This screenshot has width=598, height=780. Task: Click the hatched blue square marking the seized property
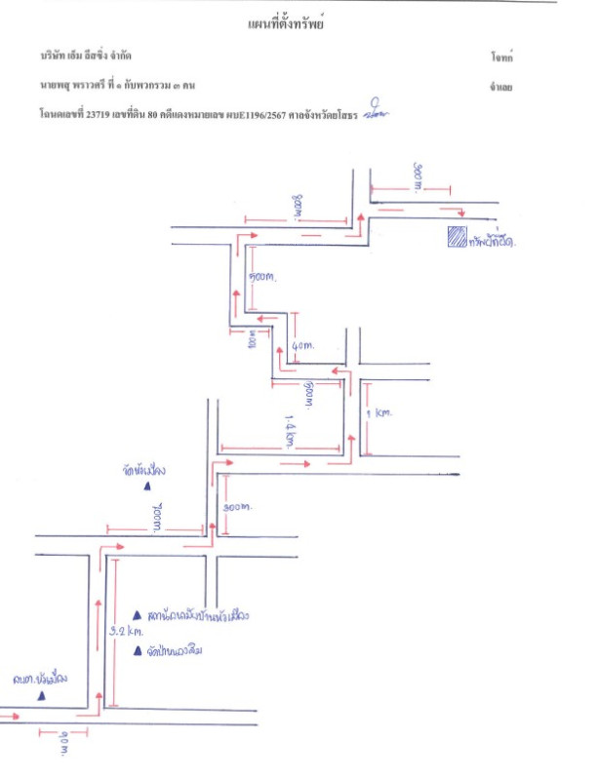pos(456,236)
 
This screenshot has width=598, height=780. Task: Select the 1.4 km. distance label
pos(288,429)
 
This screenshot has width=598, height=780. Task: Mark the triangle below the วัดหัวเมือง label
pos(148,485)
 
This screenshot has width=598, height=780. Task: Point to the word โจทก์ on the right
pos(501,58)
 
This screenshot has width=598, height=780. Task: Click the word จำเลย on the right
pos(501,88)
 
